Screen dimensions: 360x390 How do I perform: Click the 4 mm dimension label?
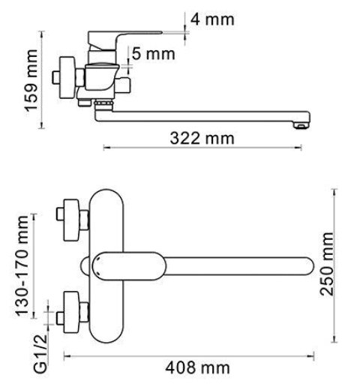click(212, 19)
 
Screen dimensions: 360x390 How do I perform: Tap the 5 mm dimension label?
click(153, 54)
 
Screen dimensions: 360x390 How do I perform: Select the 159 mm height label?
click(31, 80)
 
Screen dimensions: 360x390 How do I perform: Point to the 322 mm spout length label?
click(202, 138)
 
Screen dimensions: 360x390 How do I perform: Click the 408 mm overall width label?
click(197, 367)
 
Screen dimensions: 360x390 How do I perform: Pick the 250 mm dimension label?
click(327, 264)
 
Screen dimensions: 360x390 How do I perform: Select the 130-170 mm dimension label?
click(22, 265)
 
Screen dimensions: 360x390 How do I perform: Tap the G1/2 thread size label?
click(40, 353)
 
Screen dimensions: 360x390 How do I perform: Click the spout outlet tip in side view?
click(301, 125)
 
